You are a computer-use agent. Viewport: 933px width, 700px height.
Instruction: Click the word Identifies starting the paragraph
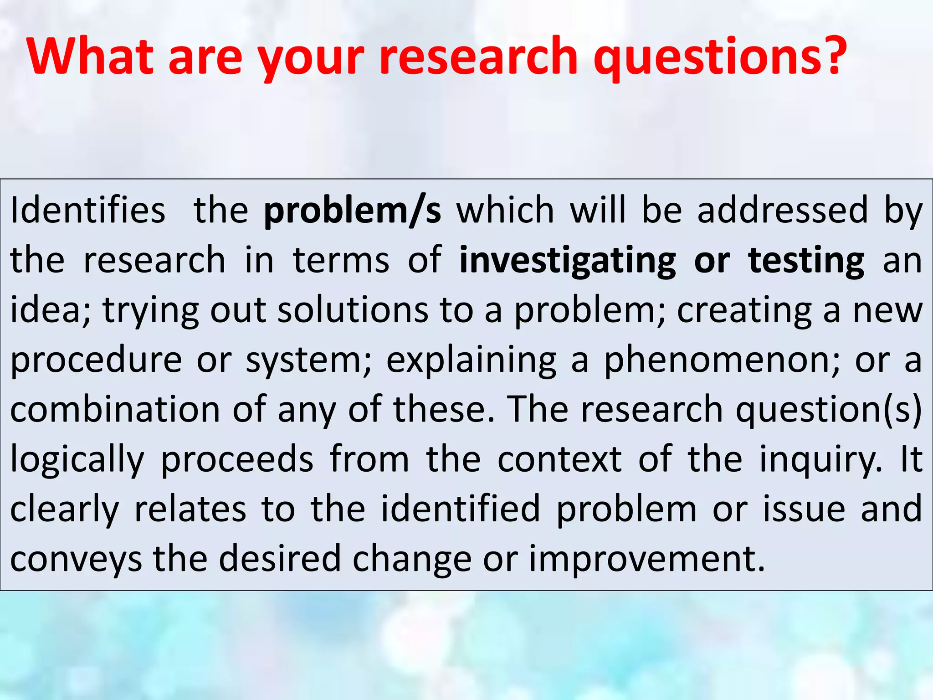pyautogui.click(x=87, y=210)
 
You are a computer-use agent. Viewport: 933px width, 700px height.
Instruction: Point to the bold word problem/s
pyautogui.click(x=353, y=211)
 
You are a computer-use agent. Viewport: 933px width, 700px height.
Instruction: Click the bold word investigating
pyautogui.click(x=568, y=261)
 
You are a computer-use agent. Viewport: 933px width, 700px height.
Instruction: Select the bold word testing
pyautogui.click(x=806, y=261)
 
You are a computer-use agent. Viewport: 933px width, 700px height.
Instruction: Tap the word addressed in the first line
pyautogui.click(x=783, y=210)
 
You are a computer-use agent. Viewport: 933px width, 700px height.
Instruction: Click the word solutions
pyautogui.click(x=353, y=310)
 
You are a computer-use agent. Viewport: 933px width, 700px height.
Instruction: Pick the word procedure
pyautogui.click(x=96, y=360)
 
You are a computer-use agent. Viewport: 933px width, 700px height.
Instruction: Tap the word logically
pyautogui.click(x=77, y=459)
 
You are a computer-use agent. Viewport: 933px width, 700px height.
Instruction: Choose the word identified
pyautogui.click(x=460, y=509)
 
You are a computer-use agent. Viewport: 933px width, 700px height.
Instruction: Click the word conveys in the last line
pyautogui.click(x=76, y=559)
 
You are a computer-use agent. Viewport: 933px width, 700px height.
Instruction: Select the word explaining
pyautogui.click(x=472, y=360)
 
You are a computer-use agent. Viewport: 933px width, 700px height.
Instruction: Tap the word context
pyautogui.click(x=559, y=459)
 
